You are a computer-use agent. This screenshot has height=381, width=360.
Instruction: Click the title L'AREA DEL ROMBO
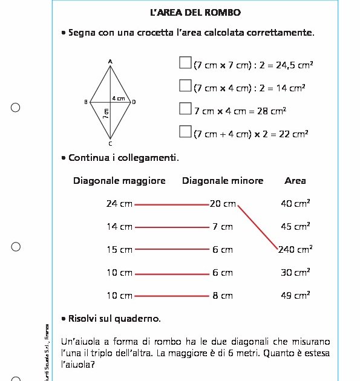[x=195, y=12]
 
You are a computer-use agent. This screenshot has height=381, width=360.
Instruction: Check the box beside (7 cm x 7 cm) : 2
[x=185, y=63]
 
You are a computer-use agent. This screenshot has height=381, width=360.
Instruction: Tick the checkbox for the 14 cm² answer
[x=185, y=86]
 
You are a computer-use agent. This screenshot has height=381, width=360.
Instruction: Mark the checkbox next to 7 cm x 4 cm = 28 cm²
[x=185, y=109]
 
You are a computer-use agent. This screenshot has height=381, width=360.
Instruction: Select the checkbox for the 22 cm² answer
[x=185, y=131]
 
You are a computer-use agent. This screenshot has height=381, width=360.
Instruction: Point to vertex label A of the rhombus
[x=110, y=61]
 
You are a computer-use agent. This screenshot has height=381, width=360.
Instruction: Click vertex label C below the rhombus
[x=110, y=144]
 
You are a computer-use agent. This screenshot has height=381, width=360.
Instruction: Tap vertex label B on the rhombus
[x=86, y=102]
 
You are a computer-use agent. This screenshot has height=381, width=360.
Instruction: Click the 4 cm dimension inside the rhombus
[x=118, y=98]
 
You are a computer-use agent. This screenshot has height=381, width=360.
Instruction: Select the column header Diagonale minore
[x=223, y=180]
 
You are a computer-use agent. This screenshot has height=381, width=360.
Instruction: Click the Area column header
[x=295, y=180]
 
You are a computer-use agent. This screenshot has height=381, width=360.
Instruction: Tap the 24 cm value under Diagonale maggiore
[x=119, y=204]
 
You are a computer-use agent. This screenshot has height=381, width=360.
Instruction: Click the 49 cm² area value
[x=295, y=295]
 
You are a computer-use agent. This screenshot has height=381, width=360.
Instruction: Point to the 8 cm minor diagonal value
[x=223, y=296]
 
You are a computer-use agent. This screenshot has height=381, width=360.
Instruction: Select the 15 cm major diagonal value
[x=119, y=249]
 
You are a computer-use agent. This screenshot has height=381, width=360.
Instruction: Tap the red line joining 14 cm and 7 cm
[x=172, y=227]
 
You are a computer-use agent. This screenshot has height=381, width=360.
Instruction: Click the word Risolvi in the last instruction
[x=83, y=318]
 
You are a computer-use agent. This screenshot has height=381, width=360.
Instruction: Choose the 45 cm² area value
[x=295, y=227]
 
